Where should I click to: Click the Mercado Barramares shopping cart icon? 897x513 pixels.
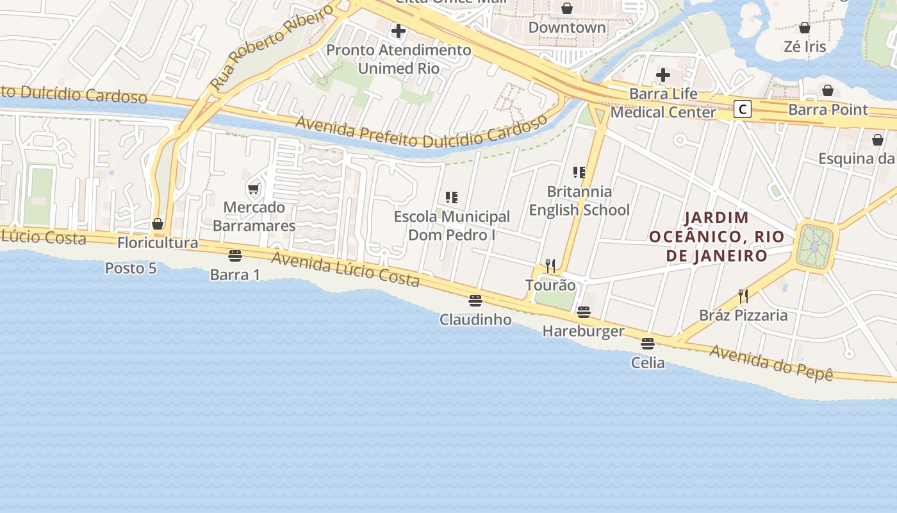253,189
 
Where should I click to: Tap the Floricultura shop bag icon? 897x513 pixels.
158,224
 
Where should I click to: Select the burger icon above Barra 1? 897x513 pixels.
235,256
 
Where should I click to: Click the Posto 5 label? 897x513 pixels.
131,268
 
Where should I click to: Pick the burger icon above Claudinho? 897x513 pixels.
475,300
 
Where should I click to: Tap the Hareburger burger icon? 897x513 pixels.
583,312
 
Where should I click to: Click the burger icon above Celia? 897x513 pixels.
648,344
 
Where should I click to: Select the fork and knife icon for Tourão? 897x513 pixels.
550,265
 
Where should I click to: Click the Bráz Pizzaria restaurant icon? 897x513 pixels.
743,296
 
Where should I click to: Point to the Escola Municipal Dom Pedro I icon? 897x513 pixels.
452,197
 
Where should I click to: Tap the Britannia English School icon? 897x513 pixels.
579,172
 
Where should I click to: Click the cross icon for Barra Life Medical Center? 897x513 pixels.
663,75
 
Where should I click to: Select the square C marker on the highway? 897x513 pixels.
742,109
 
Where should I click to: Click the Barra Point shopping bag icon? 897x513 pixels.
828,90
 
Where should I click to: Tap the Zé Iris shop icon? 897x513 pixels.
805,28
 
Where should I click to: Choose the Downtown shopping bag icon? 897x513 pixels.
567,8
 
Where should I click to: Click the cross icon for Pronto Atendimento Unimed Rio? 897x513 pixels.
399,30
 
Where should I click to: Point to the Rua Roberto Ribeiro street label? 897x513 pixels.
272,46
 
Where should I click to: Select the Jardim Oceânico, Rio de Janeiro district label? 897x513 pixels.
716,237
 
